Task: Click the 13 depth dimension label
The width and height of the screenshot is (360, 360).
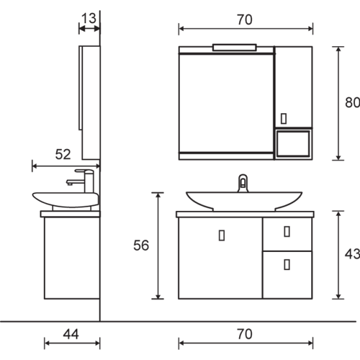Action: (x=89, y=17)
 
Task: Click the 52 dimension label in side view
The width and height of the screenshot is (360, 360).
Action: (x=62, y=154)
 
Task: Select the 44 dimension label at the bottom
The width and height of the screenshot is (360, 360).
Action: (x=71, y=334)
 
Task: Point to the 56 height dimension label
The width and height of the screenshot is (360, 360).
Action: (x=141, y=245)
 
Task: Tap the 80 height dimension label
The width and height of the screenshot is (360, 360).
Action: (x=352, y=102)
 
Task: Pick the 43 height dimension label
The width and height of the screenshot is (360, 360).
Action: (x=352, y=254)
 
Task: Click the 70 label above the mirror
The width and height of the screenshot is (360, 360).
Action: (x=244, y=19)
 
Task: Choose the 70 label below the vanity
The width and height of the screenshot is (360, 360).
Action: (x=244, y=334)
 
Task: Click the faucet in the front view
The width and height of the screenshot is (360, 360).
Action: (x=243, y=183)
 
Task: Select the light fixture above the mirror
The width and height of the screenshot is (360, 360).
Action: (x=234, y=46)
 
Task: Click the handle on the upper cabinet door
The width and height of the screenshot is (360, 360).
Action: (x=283, y=118)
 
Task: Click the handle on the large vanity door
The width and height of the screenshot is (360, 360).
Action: (x=222, y=235)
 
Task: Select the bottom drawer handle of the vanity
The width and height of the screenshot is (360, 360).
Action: (x=287, y=263)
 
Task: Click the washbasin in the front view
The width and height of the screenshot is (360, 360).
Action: (x=244, y=199)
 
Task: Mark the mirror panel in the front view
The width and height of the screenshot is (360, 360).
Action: (x=226, y=103)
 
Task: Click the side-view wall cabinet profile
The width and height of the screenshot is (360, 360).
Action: (x=90, y=103)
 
